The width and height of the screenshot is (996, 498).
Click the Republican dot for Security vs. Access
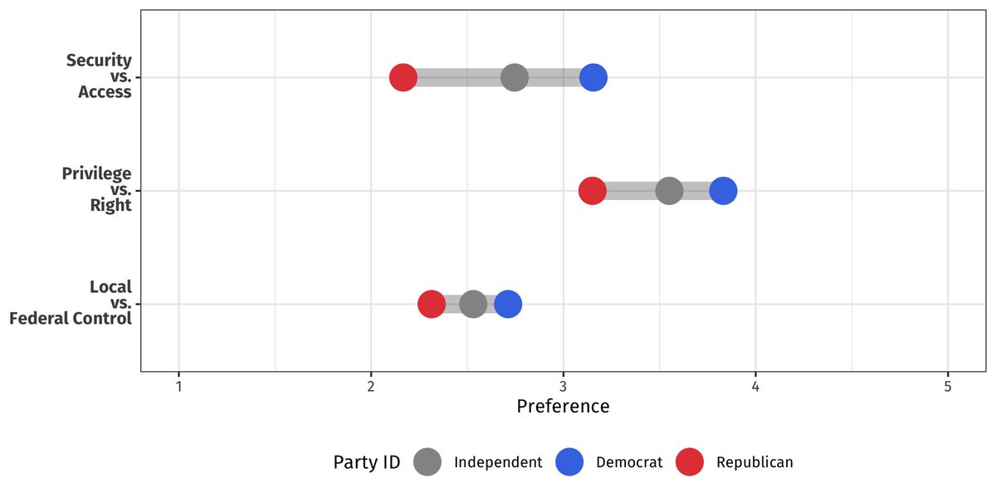point(403,78)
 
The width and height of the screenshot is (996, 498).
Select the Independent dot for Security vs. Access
point(515,78)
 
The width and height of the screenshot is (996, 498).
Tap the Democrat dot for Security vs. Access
point(593,78)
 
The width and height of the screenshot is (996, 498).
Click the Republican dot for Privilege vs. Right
point(592,191)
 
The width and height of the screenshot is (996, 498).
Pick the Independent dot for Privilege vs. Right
point(669,191)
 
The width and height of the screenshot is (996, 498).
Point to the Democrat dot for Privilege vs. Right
point(723,191)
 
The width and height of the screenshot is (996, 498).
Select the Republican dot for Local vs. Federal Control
point(431,304)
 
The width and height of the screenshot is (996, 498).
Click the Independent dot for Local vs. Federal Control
point(473,304)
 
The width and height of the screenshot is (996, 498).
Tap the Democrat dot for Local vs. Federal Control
point(508,304)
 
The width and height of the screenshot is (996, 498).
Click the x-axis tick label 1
point(178,387)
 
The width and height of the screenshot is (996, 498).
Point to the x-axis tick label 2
point(371,387)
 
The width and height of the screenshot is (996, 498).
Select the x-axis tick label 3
point(564,387)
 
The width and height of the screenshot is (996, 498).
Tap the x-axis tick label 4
point(755,387)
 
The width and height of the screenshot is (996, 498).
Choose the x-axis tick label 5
point(948,387)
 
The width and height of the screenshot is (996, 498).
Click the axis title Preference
point(563,407)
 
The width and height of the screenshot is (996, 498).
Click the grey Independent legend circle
point(428,462)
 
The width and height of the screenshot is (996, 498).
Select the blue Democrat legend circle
point(570,462)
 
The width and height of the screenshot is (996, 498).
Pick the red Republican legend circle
point(689,462)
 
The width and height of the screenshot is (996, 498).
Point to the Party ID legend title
point(367,462)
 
